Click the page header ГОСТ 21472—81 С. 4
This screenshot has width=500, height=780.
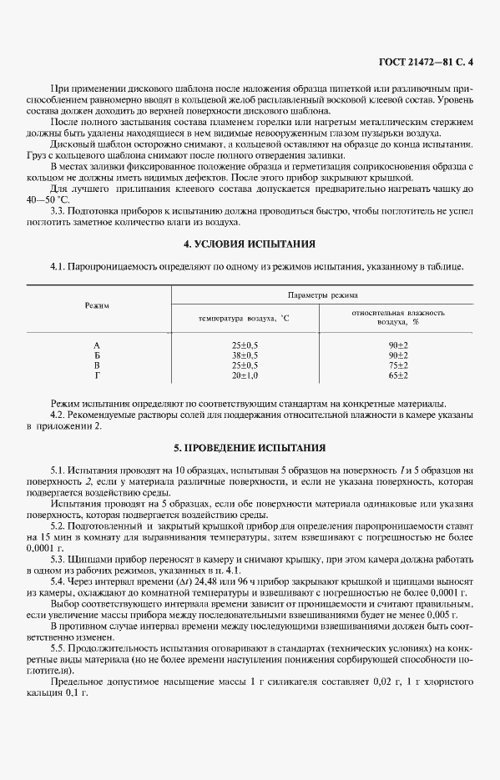pyautogui.click(x=425, y=63)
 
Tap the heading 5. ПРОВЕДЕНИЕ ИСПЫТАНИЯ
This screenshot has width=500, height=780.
pyautogui.click(x=250, y=447)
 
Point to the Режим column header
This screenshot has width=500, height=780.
pyautogui.click(x=98, y=305)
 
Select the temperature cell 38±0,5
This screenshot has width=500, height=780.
pyautogui.click(x=245, y=355)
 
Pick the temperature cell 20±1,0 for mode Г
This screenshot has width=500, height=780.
pyautogui.click(x=245, y=375)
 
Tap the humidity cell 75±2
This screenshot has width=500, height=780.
pyautogui.click(x=397, y=365)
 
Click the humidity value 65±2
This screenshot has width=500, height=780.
pyautogui.click(x=397, y=375)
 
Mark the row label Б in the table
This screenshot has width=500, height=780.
pyautogui.click(x=97, y=355)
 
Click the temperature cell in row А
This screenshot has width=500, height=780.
pyautogui.click(x=245, y=345)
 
